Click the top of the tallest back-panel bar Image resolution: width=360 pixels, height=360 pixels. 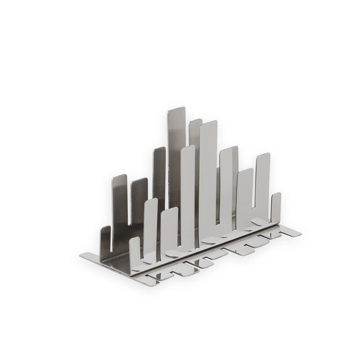coord(176,110)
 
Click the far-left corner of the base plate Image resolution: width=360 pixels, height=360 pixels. coord(82,256)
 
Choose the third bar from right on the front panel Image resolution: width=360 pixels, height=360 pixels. coord(245,197)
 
